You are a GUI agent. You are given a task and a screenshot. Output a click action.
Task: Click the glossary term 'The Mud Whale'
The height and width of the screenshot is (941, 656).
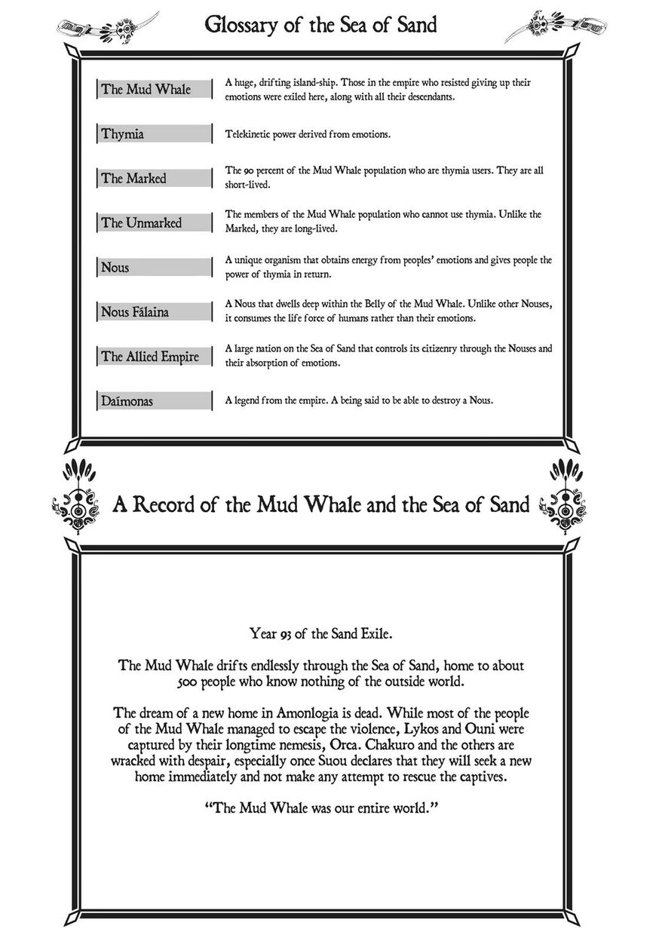click(x=146, y=90)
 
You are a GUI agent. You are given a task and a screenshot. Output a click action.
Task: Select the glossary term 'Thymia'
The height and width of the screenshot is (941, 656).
click(x=122, y=134)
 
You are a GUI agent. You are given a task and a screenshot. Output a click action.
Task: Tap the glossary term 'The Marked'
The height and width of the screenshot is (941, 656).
click(x=133, y=179)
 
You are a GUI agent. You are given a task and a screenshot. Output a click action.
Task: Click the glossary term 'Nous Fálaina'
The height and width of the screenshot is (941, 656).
click(x=136, y=312)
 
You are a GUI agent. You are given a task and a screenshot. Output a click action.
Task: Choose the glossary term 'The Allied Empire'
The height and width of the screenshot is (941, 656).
click(x=150, y=357)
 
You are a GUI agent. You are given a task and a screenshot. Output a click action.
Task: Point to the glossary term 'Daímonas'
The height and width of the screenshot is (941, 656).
click(x=127, y=401)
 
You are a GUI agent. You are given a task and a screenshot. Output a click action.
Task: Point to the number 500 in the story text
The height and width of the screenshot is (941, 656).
click(x=187, y=682)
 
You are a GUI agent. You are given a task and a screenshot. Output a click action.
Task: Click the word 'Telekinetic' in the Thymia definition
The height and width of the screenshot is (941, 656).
click(x=247, y=134)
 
